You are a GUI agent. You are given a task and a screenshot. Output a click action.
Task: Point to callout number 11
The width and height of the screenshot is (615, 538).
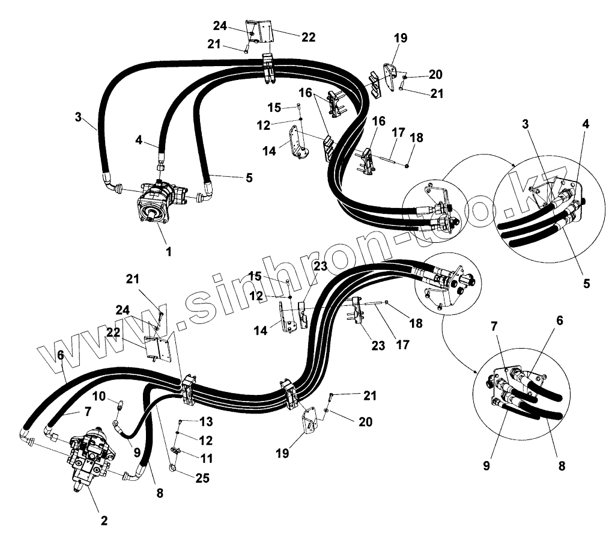pos(207,458)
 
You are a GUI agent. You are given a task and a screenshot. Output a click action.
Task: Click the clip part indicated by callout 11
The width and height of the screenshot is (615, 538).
pos(175,450)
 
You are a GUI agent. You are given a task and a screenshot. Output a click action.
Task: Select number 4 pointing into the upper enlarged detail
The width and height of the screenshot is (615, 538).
pos(586,125)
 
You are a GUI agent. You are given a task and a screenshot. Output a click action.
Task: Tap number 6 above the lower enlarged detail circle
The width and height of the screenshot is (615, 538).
pos(559,322)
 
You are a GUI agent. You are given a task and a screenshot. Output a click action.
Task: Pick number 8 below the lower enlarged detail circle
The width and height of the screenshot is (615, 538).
pos(562,465)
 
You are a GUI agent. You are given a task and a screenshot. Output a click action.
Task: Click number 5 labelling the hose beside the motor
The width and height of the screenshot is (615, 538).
pos(249,178)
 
